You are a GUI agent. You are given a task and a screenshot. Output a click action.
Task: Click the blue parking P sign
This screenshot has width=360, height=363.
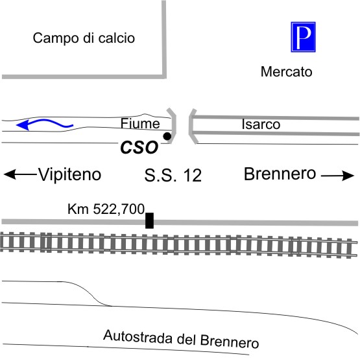(x=303, y=37)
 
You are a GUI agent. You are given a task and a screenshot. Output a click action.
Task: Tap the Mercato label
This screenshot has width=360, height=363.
(x=286, y=71)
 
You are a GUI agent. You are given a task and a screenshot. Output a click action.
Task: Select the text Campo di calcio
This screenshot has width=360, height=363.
(x=84, y=38)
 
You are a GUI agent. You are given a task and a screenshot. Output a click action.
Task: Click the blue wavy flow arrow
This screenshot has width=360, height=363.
(x=45, y=124)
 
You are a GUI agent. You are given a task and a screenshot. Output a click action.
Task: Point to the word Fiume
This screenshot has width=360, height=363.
(x=140, y=123)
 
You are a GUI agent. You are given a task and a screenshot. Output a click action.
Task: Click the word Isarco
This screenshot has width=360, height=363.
(x=261, y=124)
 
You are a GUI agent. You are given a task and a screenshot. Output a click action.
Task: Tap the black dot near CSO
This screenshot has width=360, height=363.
(x=167, y=136)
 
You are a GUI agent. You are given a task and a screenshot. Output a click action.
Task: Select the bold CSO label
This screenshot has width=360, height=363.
(x=139, y=148)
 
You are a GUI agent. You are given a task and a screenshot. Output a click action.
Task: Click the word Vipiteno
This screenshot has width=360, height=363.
(x=70, y=174)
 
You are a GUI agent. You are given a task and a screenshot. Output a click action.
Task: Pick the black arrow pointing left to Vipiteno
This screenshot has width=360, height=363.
(x=20, y=174)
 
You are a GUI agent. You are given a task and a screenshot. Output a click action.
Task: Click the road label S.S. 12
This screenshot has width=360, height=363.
(x=173, y=175)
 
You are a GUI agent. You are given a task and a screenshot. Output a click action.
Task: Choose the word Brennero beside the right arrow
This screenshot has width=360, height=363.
(x=280, y=174)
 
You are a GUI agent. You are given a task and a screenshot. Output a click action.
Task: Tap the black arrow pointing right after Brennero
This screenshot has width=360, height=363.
(x=337, y=176)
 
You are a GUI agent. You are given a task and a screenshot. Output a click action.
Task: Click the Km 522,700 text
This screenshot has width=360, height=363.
(x=106, y=209)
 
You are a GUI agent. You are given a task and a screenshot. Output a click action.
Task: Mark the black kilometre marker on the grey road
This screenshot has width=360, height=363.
(x=149, y=220)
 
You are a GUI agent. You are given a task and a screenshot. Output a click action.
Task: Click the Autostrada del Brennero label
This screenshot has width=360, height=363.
(x=181, y=339)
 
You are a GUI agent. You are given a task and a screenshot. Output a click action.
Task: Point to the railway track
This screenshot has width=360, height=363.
(x=178, y=245)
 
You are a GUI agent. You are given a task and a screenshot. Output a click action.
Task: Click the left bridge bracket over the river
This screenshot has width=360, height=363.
(x=173, y=126)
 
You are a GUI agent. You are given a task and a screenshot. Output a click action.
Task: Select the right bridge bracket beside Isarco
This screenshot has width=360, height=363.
(x=193, y=126)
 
